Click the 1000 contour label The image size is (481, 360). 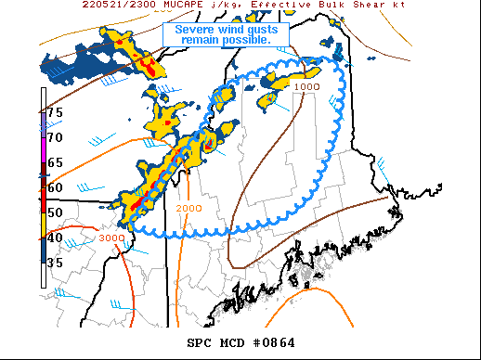306,86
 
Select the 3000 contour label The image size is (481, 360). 110,238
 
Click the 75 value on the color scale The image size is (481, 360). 55,112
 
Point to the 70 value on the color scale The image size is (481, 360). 55,137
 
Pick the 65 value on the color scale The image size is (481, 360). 55,162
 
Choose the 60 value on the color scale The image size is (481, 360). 55,187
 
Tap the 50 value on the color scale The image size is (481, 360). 55,212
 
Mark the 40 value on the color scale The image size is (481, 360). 55,238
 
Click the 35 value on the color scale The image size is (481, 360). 55,263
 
